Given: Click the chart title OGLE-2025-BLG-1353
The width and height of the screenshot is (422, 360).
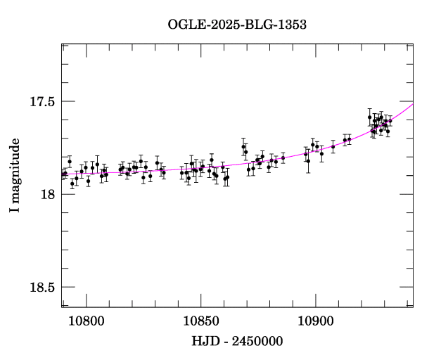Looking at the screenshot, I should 237,25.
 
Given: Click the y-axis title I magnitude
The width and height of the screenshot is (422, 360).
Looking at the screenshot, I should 15,175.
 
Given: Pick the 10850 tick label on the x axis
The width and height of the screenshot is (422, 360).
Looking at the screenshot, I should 201,321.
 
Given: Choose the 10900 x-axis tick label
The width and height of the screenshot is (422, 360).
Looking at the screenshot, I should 316,321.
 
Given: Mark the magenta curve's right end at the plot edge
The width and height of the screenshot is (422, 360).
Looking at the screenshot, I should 413,104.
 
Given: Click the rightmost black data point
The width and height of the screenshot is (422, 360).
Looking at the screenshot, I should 390,120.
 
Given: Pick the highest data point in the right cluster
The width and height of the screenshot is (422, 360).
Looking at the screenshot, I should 369,117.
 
